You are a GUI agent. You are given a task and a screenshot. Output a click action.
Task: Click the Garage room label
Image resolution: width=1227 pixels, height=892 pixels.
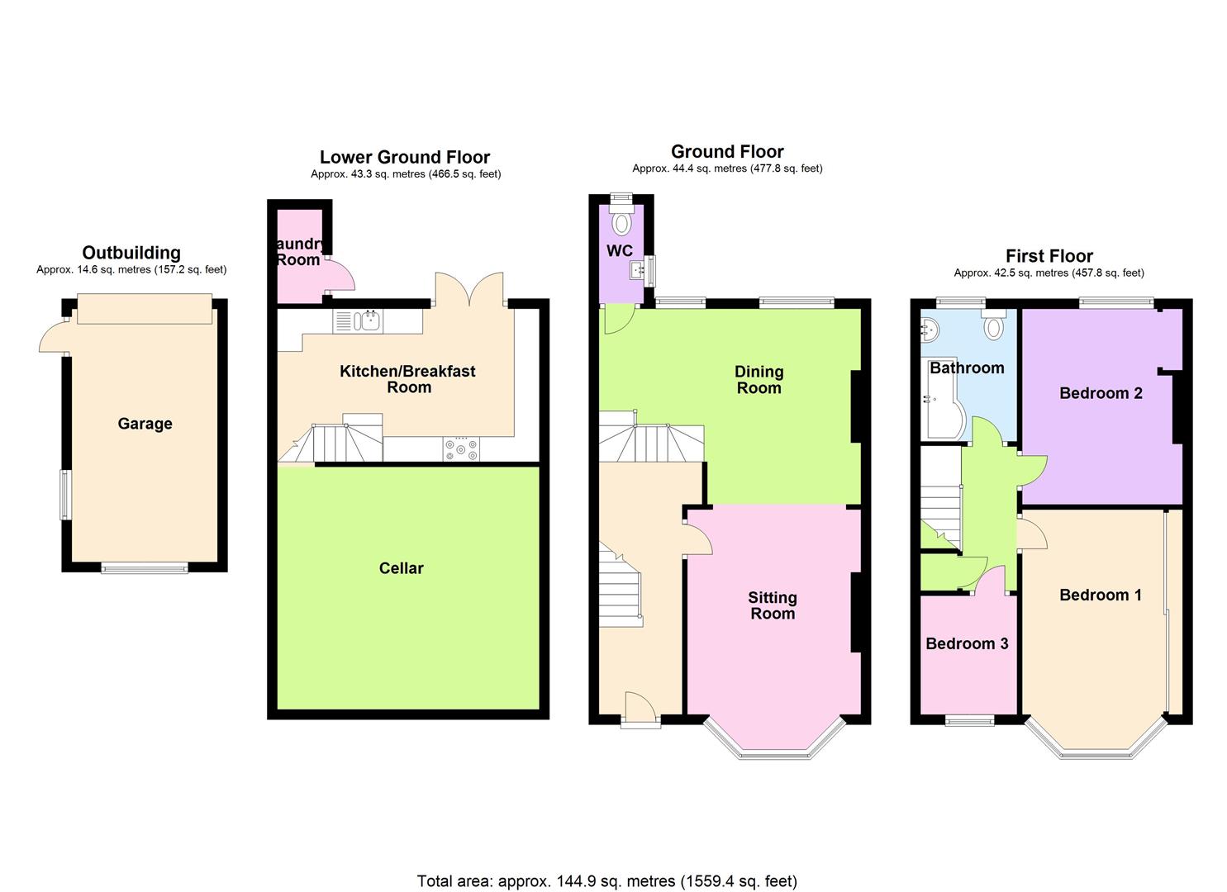click(145, 424)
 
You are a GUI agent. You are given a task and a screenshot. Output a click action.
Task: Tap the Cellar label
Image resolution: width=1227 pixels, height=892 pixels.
click(401, 568)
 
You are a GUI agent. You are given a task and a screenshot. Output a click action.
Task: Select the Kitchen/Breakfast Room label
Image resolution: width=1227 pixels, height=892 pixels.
click(408, 379)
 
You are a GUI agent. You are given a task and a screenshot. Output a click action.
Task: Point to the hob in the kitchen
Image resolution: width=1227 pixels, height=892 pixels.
click(461, 448)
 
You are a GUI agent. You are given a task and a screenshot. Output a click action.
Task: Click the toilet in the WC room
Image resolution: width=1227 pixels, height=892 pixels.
click(621, 223)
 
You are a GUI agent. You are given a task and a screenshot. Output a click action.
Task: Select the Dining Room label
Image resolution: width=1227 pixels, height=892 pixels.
click(759, 380)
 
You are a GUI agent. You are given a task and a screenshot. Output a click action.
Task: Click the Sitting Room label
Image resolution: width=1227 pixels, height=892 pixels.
click(773, 605)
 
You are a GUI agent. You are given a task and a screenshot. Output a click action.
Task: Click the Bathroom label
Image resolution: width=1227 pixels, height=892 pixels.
click(967, 368)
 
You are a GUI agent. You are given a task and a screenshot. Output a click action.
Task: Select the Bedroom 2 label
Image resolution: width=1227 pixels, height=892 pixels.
click(1101, 393)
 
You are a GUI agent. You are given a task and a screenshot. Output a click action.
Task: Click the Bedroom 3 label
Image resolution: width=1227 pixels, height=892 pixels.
click(967, 643)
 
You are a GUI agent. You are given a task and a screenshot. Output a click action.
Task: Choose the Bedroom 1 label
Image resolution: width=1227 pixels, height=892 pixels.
click(1101, 595)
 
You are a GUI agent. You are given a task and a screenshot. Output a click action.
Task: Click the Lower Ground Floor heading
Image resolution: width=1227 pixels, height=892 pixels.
click(405, 157)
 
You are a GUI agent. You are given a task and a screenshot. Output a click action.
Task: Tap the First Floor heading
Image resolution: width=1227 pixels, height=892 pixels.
click(1049, 256)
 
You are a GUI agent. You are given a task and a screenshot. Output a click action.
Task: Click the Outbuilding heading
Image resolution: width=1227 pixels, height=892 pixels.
click(131, 253)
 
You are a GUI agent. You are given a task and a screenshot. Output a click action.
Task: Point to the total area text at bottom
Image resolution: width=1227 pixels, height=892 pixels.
click(606, 881)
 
